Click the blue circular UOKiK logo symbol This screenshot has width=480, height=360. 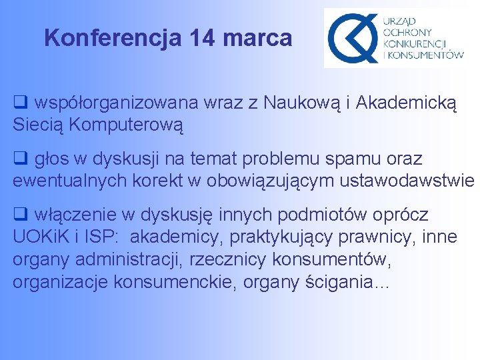[x=351, y=38]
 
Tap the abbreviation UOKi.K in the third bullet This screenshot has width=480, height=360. [x=43, y=237]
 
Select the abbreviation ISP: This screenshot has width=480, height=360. [x=104, y=237]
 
